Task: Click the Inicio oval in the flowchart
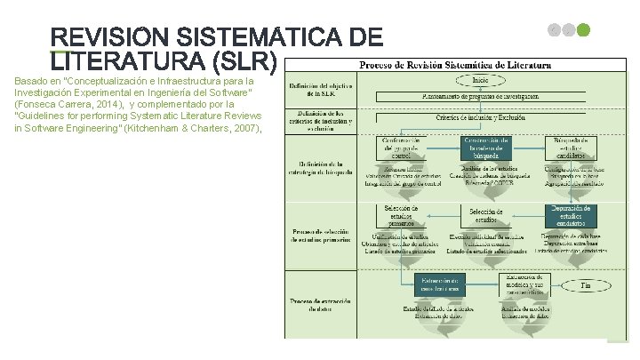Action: click(480, 81)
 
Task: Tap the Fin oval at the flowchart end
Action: click(586, 286)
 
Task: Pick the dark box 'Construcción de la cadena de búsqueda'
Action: click(485, 147)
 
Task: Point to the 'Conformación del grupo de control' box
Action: click(406, 147)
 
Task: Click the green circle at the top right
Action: click(583, 30)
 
